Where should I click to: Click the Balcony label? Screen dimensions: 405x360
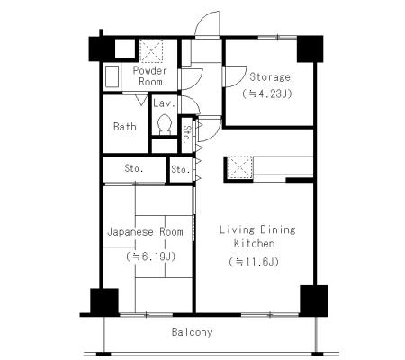click(193, 332)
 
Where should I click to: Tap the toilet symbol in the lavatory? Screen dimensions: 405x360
click(165, 125)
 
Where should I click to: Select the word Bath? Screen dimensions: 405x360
click(125, 127)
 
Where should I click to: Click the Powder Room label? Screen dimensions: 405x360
click(150, 76)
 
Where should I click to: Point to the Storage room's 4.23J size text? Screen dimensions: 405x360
click(267, 94)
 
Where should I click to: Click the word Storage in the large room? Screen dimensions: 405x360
click(270, 77)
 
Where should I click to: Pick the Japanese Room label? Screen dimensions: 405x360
click(145, 232)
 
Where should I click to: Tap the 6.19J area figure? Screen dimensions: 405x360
click(150, 256)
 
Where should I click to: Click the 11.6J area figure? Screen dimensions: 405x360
click(254, 262)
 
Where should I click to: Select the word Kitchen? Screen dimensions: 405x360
click(255, 243)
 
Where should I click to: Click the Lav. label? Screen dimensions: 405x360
click(164, 103)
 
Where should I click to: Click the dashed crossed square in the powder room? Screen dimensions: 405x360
click(151, 51)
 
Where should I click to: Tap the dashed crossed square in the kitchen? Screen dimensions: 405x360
click(240, 167)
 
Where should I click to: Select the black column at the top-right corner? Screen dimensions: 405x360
click(310, 49)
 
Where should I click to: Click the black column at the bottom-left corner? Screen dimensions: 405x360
click(104, 301)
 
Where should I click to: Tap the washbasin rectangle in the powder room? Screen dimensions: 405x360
click(112, 76)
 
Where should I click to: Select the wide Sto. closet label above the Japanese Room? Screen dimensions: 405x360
click(134, 168)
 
